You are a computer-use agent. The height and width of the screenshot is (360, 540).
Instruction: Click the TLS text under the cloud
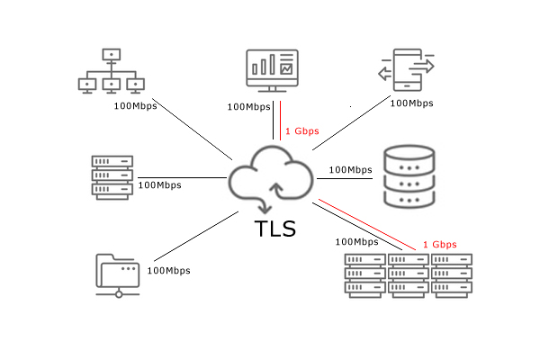coord(275,229)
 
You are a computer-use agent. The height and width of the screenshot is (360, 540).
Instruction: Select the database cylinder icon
coord(409,176)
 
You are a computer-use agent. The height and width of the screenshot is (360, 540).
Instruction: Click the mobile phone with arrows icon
coord(407,70)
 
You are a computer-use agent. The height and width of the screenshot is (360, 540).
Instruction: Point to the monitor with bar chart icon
coord(272,71)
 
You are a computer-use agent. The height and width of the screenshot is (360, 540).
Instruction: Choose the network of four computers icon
coord(112,71)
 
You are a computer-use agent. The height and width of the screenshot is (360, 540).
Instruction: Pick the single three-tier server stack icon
coord(112,177)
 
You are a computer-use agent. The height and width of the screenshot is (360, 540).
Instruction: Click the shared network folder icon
coord(118,275)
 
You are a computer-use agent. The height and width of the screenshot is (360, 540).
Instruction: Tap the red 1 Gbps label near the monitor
coord(302,131)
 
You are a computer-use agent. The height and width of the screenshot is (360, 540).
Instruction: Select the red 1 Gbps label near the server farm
coord(440,245)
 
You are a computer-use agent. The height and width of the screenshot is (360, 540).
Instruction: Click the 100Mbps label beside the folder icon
coord(169,271)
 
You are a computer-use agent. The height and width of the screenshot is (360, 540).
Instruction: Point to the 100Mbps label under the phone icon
coord(411,103)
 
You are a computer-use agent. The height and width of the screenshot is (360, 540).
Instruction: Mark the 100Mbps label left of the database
coord(351,170)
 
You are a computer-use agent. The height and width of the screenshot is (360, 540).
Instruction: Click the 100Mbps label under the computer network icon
coord(135,106)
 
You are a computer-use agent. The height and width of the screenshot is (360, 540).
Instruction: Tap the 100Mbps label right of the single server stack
coord(160,185)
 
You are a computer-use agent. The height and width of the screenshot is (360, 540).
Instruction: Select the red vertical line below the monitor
coord(280,121)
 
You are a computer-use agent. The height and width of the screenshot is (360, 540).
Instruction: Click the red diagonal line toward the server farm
coord(367,224)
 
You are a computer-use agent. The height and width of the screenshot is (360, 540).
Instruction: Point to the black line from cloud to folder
coord(196,237)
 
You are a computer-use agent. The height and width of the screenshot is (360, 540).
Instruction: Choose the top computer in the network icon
coord(112,55)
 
